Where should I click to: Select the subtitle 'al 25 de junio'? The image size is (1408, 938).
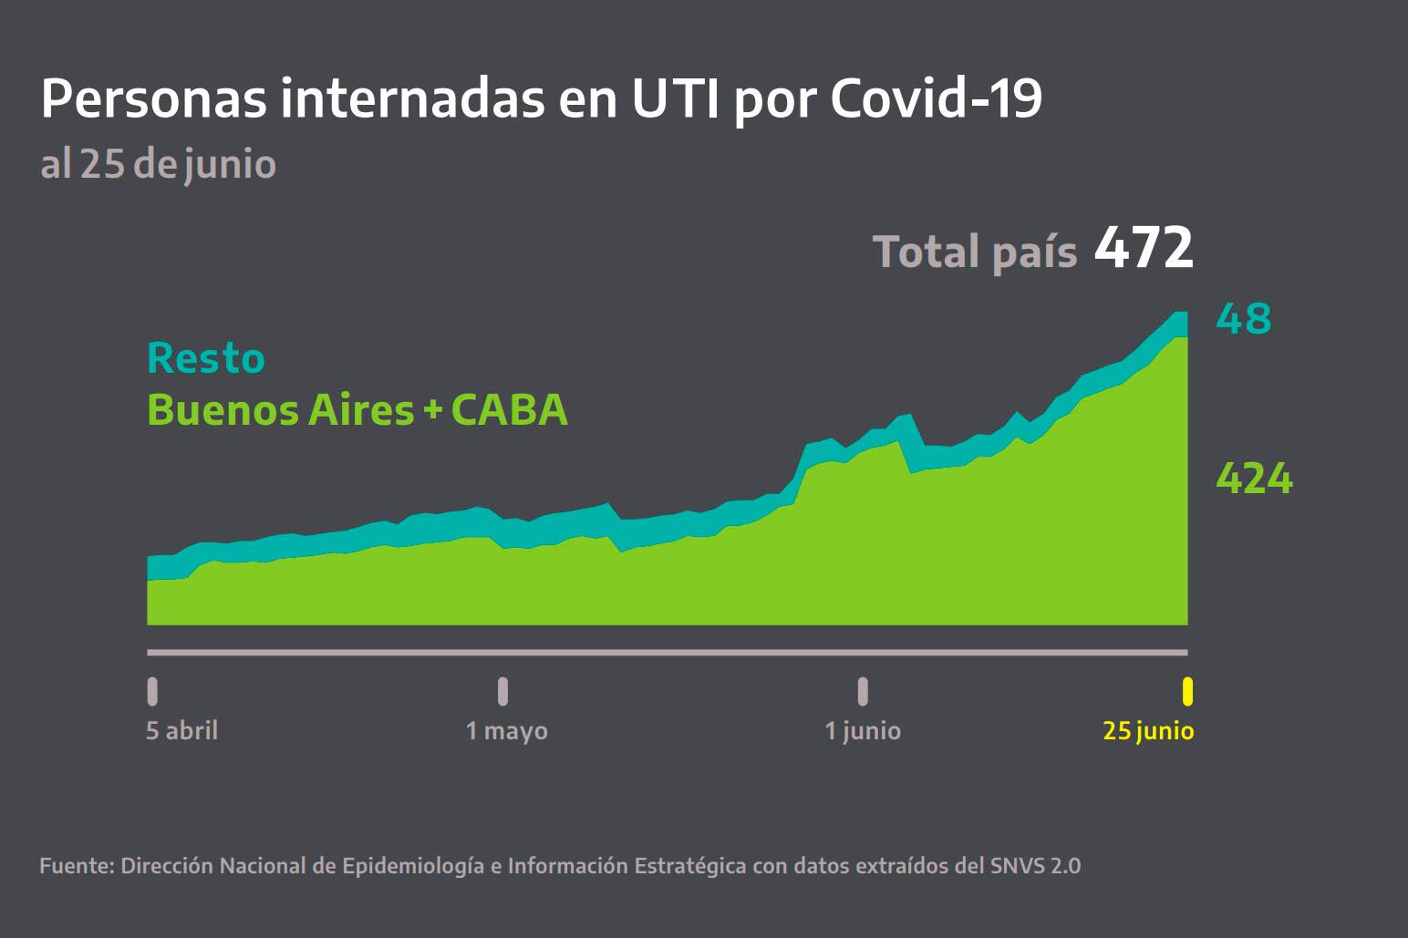158,165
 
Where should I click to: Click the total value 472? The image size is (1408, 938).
1144,249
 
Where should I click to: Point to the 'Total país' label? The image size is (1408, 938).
975,252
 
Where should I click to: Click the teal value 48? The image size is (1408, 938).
1243,319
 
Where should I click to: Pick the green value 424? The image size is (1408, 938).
1254,479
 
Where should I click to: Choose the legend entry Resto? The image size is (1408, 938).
206,358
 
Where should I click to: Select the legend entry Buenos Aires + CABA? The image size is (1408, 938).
357,410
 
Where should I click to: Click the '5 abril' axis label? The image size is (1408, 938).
181,731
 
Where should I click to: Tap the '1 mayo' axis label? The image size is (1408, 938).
506,731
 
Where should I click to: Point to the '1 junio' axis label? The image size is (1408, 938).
863,731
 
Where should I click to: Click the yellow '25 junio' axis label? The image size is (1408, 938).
1148,731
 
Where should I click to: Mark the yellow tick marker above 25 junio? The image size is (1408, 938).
1187,692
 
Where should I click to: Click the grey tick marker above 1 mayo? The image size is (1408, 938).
502,692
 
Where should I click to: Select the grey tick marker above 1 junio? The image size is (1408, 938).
863,692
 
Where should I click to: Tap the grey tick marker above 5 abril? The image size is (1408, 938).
152,692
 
